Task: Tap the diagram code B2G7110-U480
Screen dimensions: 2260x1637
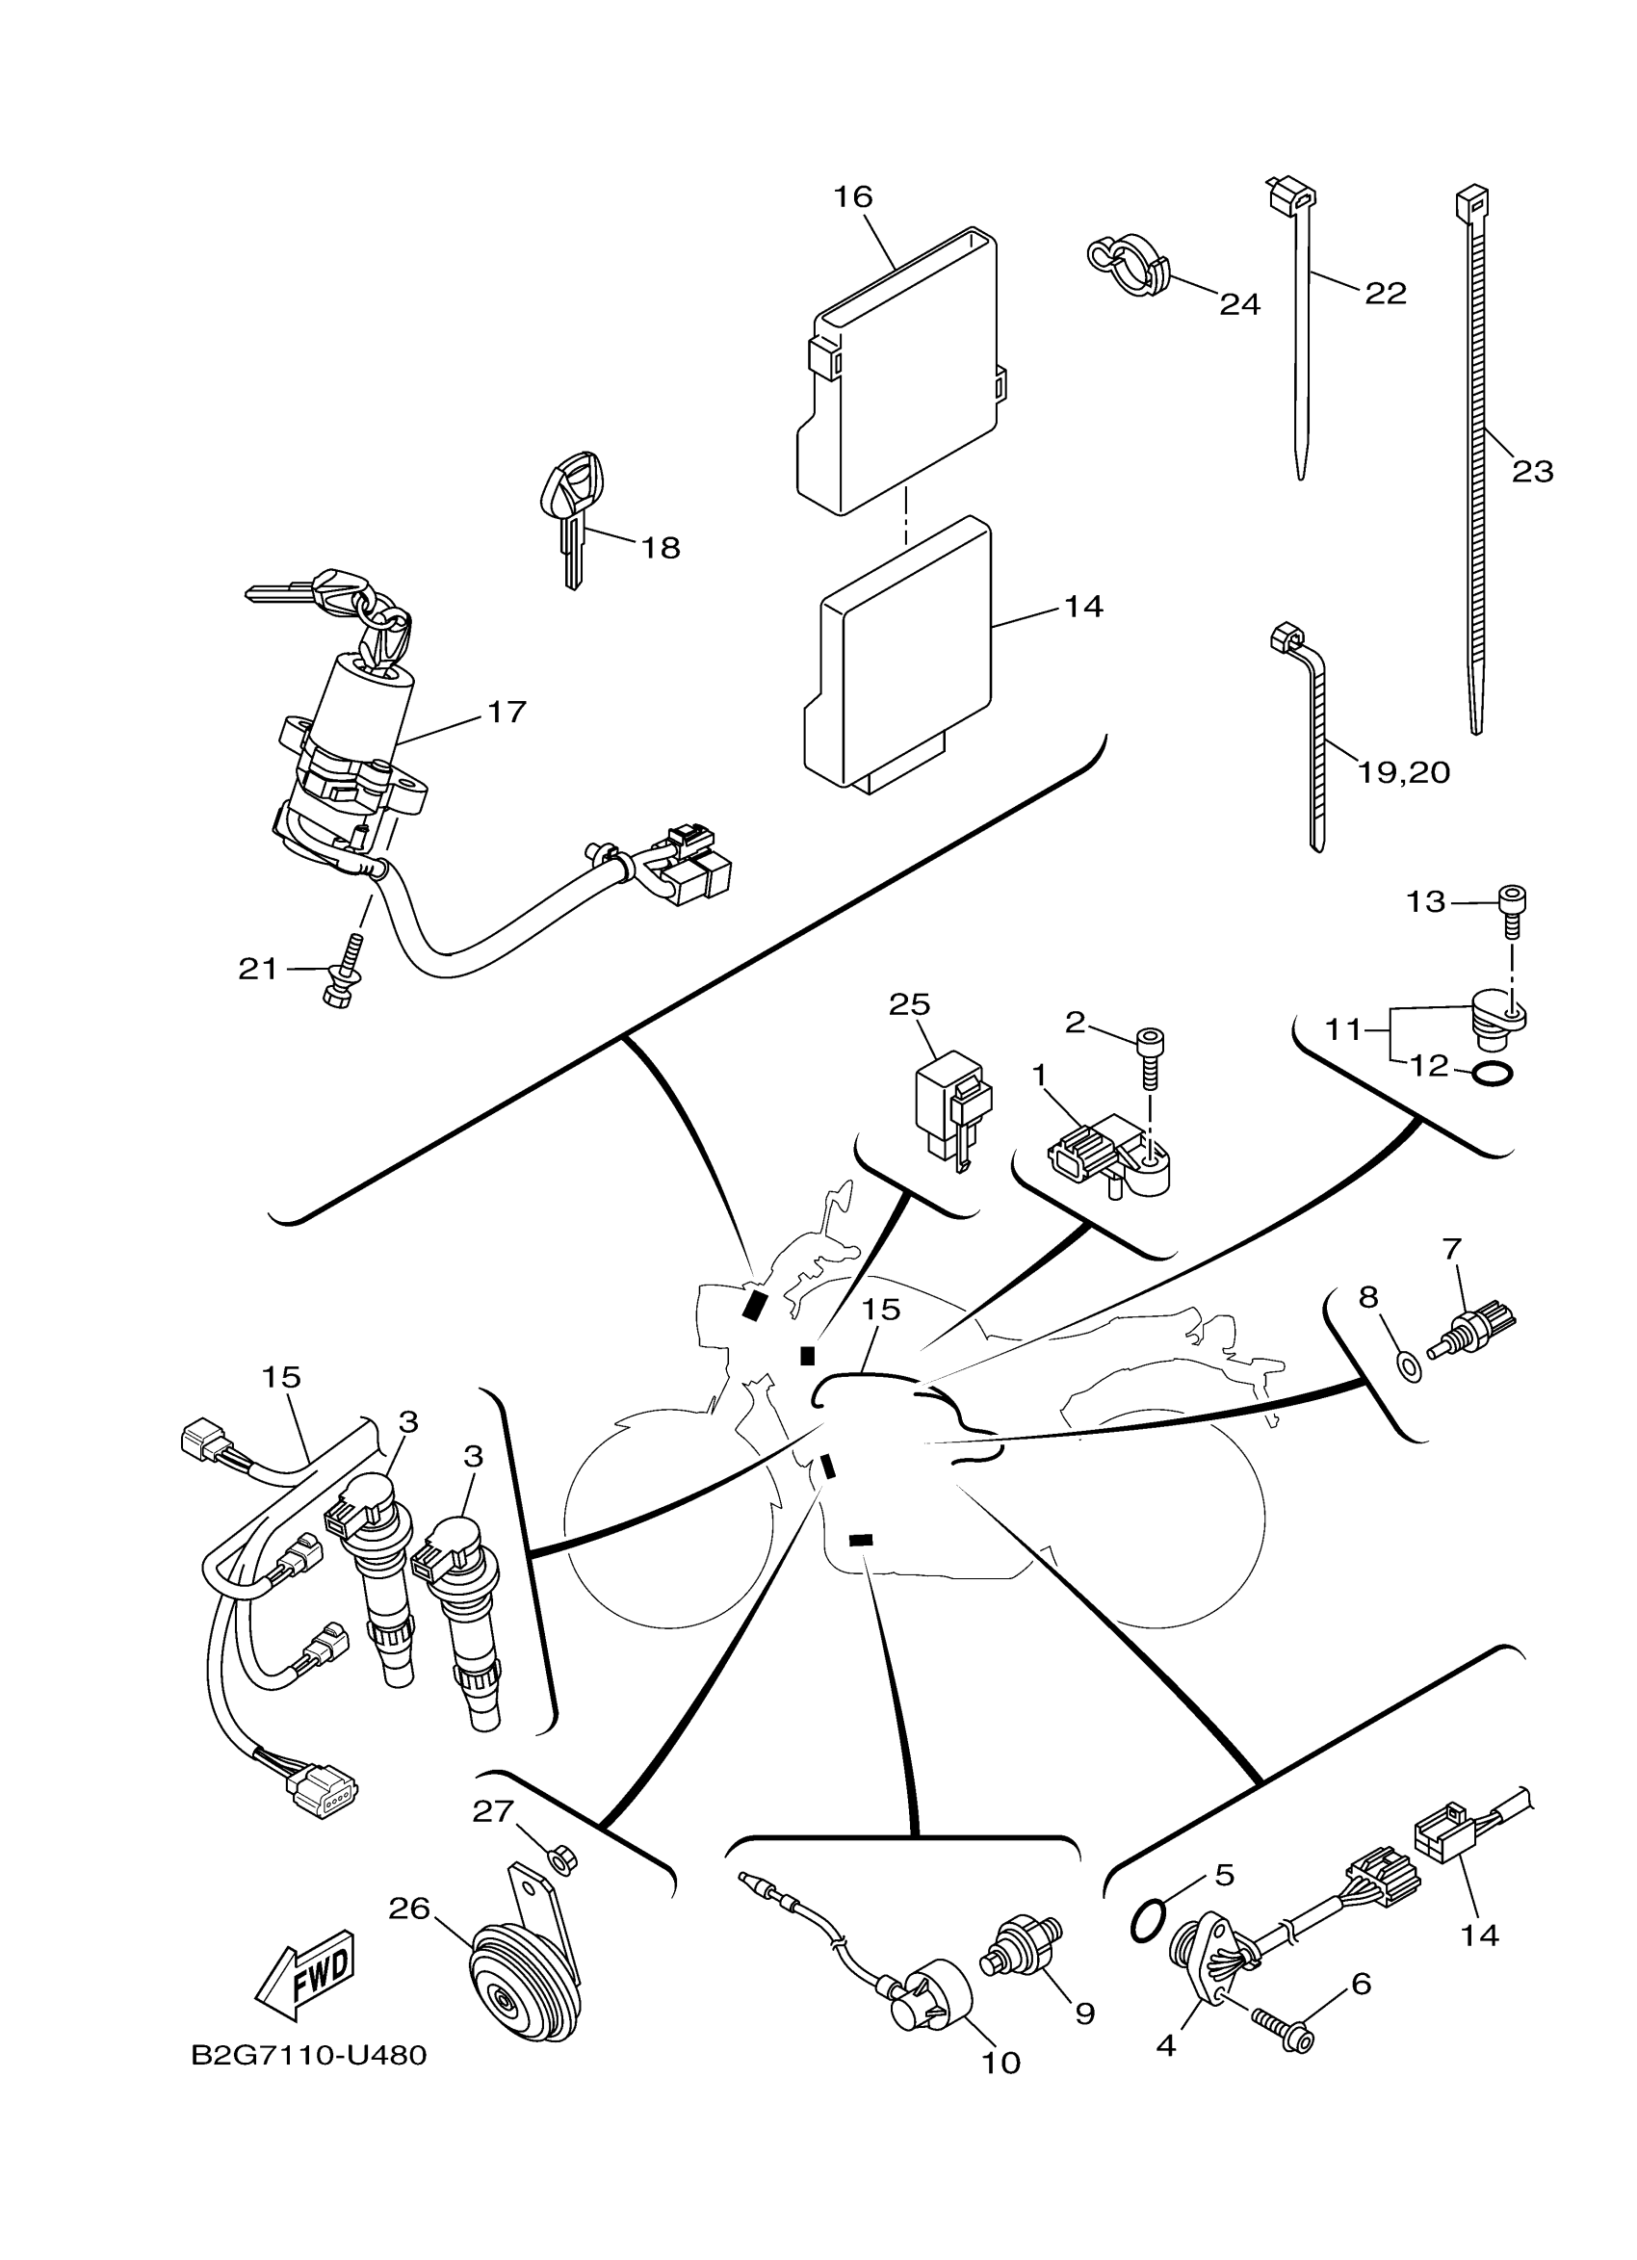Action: tap(310, 2055)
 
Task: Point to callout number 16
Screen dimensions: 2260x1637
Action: tap(853, 197)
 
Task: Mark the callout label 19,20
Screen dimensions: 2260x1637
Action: tap(1404, 771)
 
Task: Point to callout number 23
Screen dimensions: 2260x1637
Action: tap(1532, 471)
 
